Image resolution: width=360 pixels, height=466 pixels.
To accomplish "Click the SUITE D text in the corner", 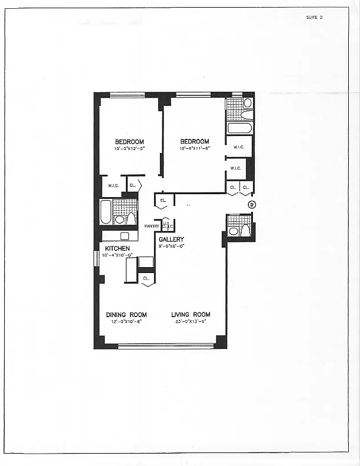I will click(314, 17).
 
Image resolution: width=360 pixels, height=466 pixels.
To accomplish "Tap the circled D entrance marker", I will click(251, 205).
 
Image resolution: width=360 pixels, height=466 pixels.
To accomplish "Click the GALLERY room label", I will click(171, 239).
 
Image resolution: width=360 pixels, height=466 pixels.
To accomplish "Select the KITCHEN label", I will click(118, 248).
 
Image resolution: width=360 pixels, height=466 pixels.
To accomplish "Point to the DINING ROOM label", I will click(126, 315).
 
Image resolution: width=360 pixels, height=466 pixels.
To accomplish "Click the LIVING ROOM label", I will click(191, 315).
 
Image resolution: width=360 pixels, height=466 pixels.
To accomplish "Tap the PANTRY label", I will click(152, 226).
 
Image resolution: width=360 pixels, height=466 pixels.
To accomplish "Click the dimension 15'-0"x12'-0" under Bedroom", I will click(129, 148).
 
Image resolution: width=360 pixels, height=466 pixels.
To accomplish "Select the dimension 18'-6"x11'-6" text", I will click(195, 148).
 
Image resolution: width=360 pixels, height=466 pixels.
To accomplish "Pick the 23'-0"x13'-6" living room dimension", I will click(191, 321).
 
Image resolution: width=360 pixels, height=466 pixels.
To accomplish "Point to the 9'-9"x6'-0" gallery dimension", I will click(172, 246).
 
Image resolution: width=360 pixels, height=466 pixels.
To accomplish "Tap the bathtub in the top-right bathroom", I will click(239, 128).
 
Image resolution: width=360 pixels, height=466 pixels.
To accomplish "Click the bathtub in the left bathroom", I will click(106, 212).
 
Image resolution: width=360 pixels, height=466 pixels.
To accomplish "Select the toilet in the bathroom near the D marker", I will click(246, 229).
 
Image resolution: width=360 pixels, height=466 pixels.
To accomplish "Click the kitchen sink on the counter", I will click(124, 236).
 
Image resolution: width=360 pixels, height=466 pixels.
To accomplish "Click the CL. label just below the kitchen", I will click(146, 277).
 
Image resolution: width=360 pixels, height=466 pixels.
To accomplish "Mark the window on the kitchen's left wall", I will click(96, 259).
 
